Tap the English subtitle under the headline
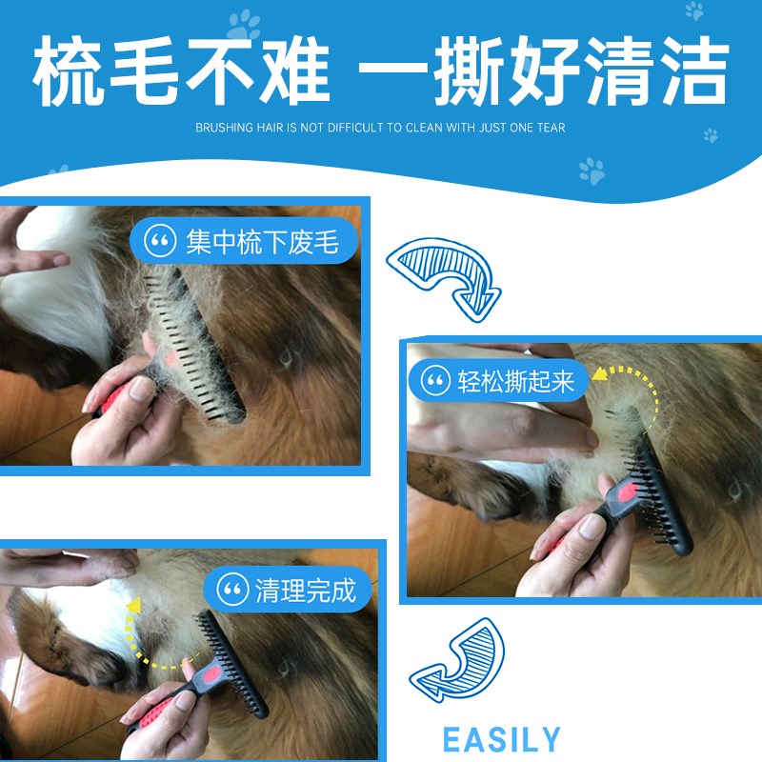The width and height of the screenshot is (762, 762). click(380, 128)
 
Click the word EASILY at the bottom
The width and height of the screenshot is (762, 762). click(502, 739)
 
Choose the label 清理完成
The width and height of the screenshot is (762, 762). click(305, 590)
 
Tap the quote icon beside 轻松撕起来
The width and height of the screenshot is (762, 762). click(435, 382)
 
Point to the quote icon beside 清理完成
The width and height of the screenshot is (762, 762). click(232, 590)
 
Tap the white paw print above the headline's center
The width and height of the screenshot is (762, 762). click(244, 25)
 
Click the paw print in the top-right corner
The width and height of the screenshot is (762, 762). click(694, 11)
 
